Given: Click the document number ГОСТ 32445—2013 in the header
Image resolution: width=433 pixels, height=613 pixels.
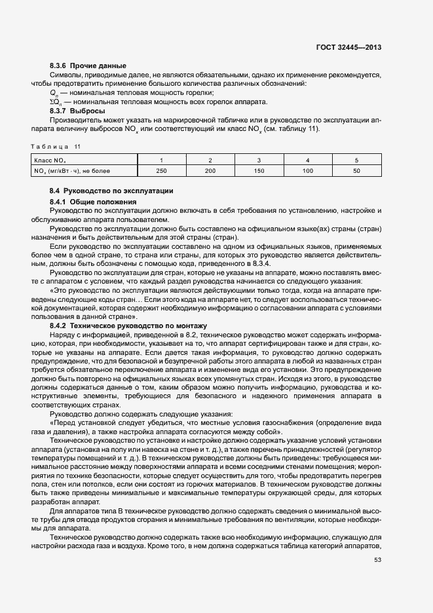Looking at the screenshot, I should [x=349, y=47].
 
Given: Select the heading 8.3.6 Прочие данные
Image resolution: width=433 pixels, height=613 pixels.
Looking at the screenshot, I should [x=88, y=65].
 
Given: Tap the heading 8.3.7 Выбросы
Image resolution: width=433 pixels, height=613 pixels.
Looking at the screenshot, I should [x=77, y=111].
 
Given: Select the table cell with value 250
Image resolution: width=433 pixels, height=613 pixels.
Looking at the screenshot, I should [x=161, y=171].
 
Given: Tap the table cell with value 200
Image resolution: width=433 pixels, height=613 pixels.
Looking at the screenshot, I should [x=210, y=171].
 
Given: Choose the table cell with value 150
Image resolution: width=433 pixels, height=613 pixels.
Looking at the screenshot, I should [x=259, y=171].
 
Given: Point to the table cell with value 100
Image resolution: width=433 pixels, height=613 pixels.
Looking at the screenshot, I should [x=307, y=171].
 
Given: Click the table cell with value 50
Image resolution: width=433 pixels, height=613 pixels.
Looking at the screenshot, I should [x=356, y=171].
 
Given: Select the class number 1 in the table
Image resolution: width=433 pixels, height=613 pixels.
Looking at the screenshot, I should [x=161, y=160].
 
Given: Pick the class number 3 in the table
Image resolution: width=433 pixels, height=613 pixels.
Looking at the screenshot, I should [x=259, y=160].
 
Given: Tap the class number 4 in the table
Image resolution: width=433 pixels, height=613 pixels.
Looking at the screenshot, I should [x=307, y=160].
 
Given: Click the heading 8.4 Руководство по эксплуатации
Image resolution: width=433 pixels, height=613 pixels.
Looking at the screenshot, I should [x=107, y=191].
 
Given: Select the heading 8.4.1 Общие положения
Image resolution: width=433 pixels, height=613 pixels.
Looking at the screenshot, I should [x=92, y=202].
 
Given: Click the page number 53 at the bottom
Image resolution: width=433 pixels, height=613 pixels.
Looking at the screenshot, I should [x=377, y=559].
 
